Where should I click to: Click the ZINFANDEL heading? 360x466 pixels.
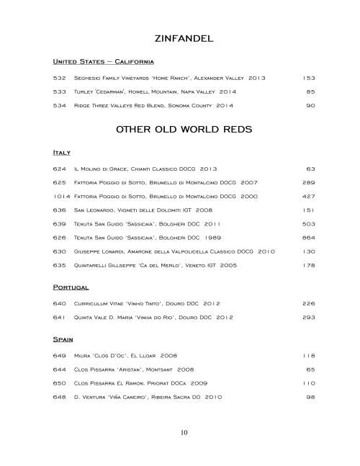pyautogui.click(x=180, y=37)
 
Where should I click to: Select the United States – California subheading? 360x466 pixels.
pyautogui.click(x=99, y=61)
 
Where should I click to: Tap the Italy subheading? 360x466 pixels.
pyautogui.click(x=61, y=153)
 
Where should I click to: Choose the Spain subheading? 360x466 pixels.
pyautogui.click(x=64, y=337)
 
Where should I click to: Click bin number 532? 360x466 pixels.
pyautogui.click(x=60, y=77)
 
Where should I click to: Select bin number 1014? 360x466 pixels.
pyautogui.click(x=60, y=196)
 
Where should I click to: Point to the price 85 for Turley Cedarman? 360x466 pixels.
pyautogui.click(x=311, y=91)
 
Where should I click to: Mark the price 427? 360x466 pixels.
pyautogui.click(x=309, y=196)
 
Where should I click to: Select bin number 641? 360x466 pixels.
pyautogui.click(x=60, y=317)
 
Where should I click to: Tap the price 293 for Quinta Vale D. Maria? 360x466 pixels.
pyautogui.click(x=309, y=317)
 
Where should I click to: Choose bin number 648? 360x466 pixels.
pyautogui.click(x=60, y=397)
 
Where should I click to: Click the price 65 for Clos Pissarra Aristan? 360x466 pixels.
pyautogui.click(x=311, y=369)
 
